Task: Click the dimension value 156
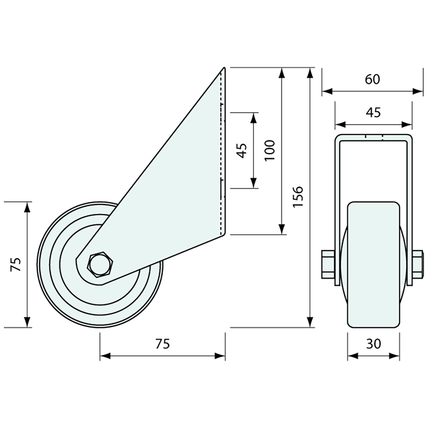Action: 298,196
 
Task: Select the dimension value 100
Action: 270,150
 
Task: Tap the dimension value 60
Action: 373,79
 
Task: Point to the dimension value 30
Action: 374,344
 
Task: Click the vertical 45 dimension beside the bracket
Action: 242,151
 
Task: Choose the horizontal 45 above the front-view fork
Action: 374,112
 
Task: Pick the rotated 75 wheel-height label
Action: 16,264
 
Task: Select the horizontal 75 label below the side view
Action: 163,344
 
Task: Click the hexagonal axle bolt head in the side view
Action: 100,265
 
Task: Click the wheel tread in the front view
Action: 374,264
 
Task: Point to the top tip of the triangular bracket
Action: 224,67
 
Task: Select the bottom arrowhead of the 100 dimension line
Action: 282,229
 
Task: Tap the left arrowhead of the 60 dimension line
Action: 327,91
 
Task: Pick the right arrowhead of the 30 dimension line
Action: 394,356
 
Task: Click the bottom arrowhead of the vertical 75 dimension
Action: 27,322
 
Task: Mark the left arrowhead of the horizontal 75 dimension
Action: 105,356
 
